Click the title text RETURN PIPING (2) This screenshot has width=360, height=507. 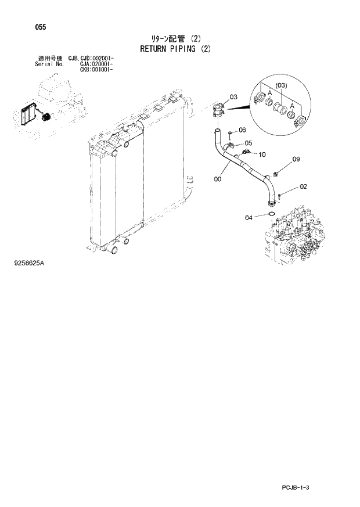pos(175,49)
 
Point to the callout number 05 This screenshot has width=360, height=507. pos(248,143)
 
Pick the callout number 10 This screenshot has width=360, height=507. pos(261,154)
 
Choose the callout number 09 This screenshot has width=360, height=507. pos(296,159)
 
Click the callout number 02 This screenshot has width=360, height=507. pos(303,186)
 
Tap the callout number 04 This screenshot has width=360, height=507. pos(249,218)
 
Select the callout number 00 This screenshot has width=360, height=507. pos(217,179)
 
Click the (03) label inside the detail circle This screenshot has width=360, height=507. pos(282,87)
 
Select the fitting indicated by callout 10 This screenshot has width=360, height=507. pos(247,153)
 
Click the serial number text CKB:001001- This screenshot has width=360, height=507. pos(96,69)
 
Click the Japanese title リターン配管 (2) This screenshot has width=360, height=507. pos(175,38)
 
